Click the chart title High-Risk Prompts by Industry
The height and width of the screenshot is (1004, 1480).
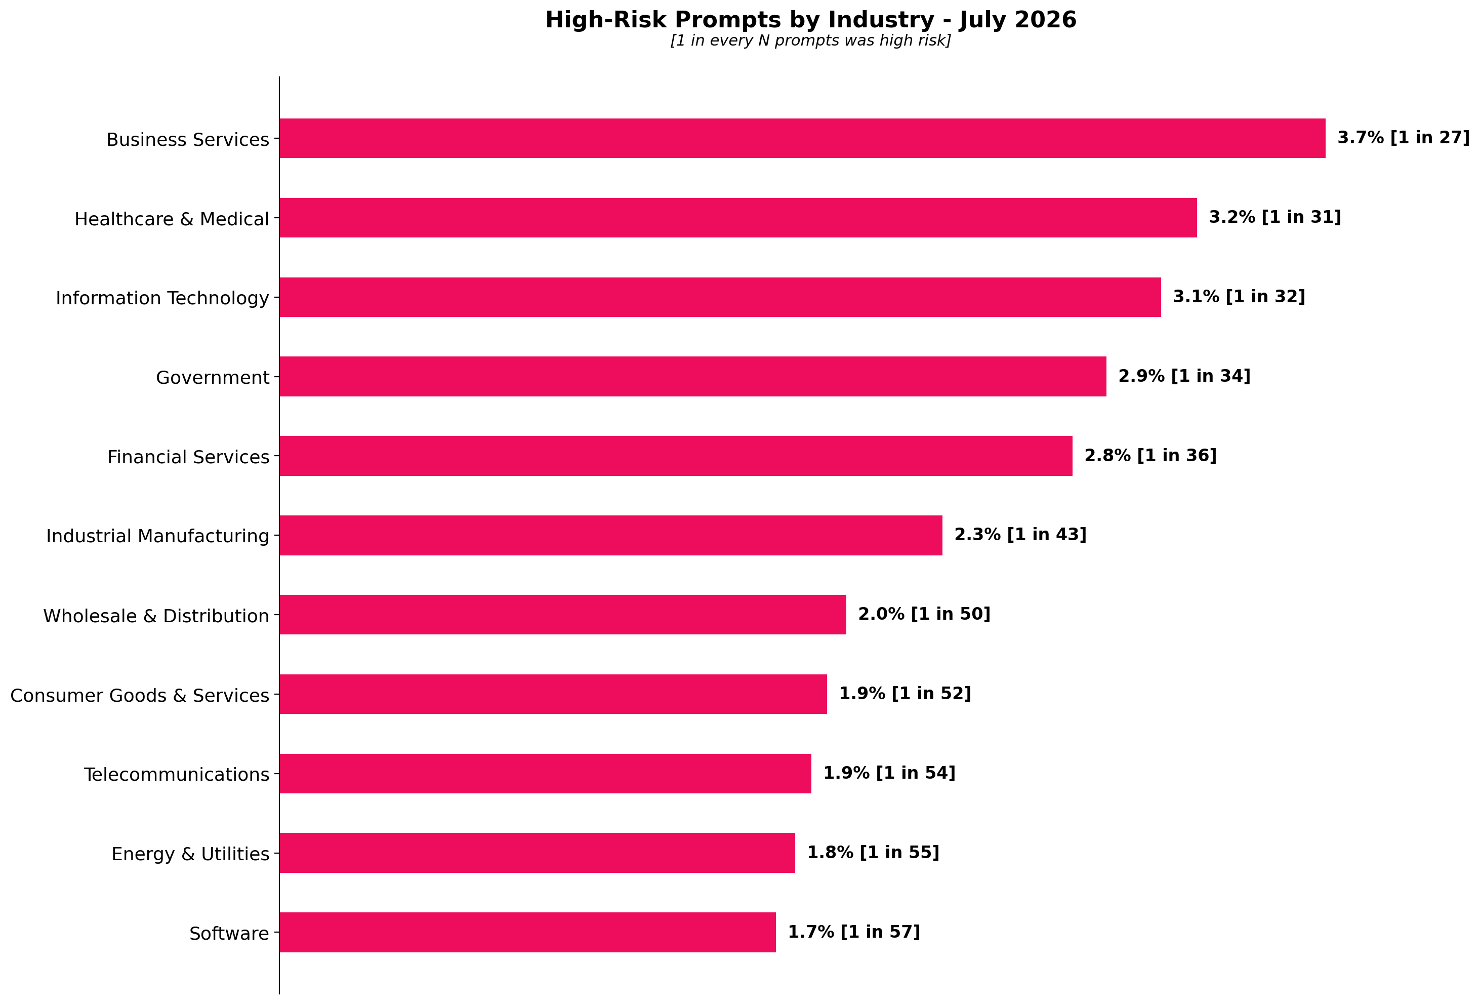click(x=811, y=20)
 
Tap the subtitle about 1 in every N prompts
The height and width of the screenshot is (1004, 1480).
click(x=811, y=41)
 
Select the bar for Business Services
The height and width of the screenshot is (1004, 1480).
click(x=802, y=138)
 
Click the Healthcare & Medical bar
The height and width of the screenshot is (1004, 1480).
click(x=738, y=218)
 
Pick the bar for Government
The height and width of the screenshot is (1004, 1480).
click(x=693, y=377)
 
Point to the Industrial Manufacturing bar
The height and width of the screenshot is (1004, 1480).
click(x=611, y=535)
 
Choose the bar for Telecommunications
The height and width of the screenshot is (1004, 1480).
click(x=545, y=774)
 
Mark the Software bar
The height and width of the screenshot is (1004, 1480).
click(x=527, y=932)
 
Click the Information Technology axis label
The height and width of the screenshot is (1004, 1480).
click(x=162, y=298)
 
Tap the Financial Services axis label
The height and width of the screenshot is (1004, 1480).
click(x=188, y=457)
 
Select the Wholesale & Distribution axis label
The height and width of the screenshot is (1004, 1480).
click(x=156, y=616)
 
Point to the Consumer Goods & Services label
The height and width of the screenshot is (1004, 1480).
click(x=140, y=695)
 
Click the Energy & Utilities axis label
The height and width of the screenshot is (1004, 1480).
click(x=190, y=854)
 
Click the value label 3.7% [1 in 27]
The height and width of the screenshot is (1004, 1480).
click(x=1404, y=138)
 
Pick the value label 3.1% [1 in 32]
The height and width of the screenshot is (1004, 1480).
click(x=1239, y=296)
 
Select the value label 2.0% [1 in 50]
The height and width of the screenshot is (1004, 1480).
click(x=925, y=614)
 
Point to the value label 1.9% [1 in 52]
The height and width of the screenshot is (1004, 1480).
click(x=905, y=693)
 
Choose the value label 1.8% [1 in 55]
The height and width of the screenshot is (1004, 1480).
click(x=873, y=853)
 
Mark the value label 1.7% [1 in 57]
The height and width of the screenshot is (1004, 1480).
click(x=854, y=932)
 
